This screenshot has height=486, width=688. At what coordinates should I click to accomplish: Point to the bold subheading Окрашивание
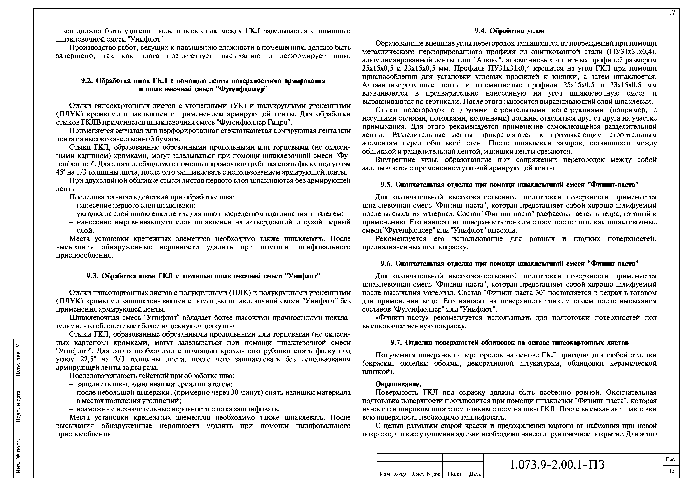(398, 384)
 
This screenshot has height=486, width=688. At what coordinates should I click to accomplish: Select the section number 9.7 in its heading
(396, 343)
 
